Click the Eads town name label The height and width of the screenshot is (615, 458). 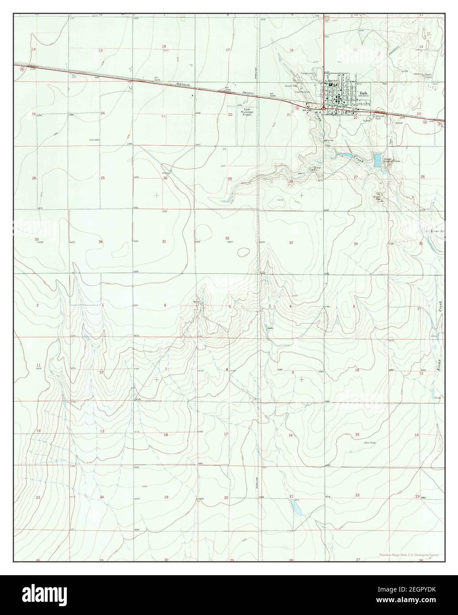pyautogui.click(x=364, y=93)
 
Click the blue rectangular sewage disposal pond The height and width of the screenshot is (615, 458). pyautogui.click(x=377, y=160)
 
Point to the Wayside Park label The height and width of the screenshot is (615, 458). pyautogui.click(x=378, y=118)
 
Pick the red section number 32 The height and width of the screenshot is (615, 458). pyautogui.click(x=227, y=238)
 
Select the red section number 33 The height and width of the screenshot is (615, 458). pyautogui.click(x=291, y=242)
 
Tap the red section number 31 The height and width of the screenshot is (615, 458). pyautogui.click(x=164, y=242)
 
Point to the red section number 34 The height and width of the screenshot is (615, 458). pyautogui.click(x=355, y=244)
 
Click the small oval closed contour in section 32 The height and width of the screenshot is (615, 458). pyautogui.click(x=243, y=253)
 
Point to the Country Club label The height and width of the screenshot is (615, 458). pyautogui.click(x=303, y=92)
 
